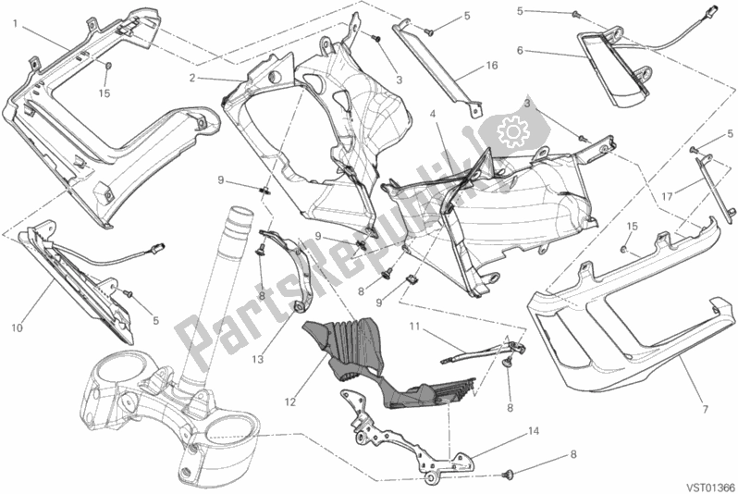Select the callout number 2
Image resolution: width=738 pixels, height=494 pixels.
[191, 78]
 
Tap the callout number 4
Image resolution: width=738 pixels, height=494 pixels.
[432, 114]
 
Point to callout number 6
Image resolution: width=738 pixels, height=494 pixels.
[521, 50]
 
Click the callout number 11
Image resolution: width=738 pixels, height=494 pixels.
[414, 326]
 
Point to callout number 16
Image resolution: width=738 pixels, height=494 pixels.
[492, 67]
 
